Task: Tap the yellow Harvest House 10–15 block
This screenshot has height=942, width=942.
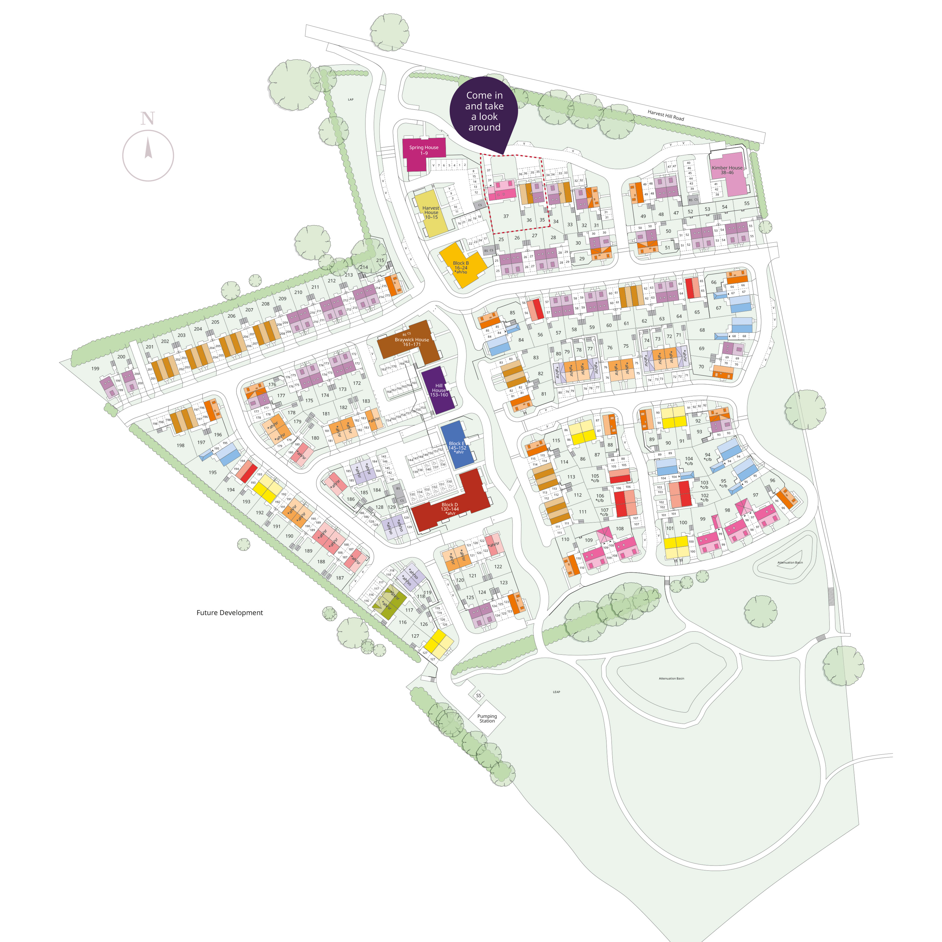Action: pos(431,213)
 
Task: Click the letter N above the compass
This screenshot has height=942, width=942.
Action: pos(148,118)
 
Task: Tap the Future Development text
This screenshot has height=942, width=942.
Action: pos(230,613)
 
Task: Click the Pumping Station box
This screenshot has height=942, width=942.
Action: pos(487,718)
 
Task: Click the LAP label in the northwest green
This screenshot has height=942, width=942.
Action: pos(351,100)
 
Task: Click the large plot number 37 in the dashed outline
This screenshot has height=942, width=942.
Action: pos(506,216)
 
